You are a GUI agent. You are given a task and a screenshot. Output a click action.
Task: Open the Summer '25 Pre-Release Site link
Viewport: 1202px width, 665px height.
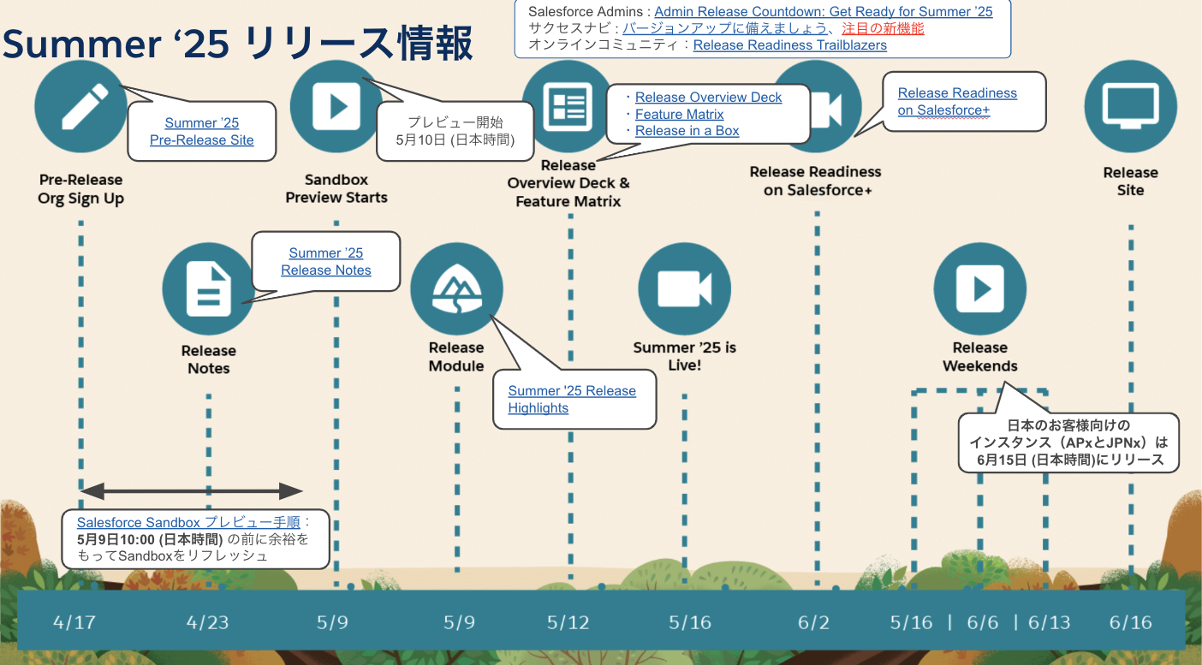tap(202, 132)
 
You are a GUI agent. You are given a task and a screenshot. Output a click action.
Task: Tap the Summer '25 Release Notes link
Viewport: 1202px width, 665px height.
tap(326, 262)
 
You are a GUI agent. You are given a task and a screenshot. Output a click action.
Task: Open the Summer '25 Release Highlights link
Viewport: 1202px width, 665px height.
tap(572, 399)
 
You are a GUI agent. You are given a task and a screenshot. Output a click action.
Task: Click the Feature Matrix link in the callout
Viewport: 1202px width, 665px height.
tap(680, 114)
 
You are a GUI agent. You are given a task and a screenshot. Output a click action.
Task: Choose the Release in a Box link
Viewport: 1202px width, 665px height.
tap(687, 130)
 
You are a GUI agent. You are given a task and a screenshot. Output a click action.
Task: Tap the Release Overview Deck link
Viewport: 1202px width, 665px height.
tap(708, 98)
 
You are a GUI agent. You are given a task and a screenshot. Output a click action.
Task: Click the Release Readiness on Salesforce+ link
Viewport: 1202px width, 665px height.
tap(957, 101)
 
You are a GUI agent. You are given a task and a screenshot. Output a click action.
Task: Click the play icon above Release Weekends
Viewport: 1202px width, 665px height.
tap(979, 288)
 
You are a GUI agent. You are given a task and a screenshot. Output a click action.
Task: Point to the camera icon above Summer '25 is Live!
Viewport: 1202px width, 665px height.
tap(685, 288)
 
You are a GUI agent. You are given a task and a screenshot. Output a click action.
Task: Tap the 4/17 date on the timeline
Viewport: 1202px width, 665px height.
tap(74, 622)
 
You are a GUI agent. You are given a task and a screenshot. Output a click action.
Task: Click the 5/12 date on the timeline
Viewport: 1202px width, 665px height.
tap(568, 622)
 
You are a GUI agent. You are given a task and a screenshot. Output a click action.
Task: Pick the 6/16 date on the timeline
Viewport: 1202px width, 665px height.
tap(1131, 622)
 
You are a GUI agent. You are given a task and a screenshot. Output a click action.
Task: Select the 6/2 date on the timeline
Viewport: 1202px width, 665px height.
tap(813, 622)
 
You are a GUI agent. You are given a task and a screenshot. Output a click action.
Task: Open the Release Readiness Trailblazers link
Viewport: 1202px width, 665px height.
tap(789, 45)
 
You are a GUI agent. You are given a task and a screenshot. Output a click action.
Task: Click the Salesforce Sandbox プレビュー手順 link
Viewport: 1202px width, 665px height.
tap(188, 522)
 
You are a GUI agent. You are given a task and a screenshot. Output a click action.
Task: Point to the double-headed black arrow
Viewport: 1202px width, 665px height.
tap(192, 491)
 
